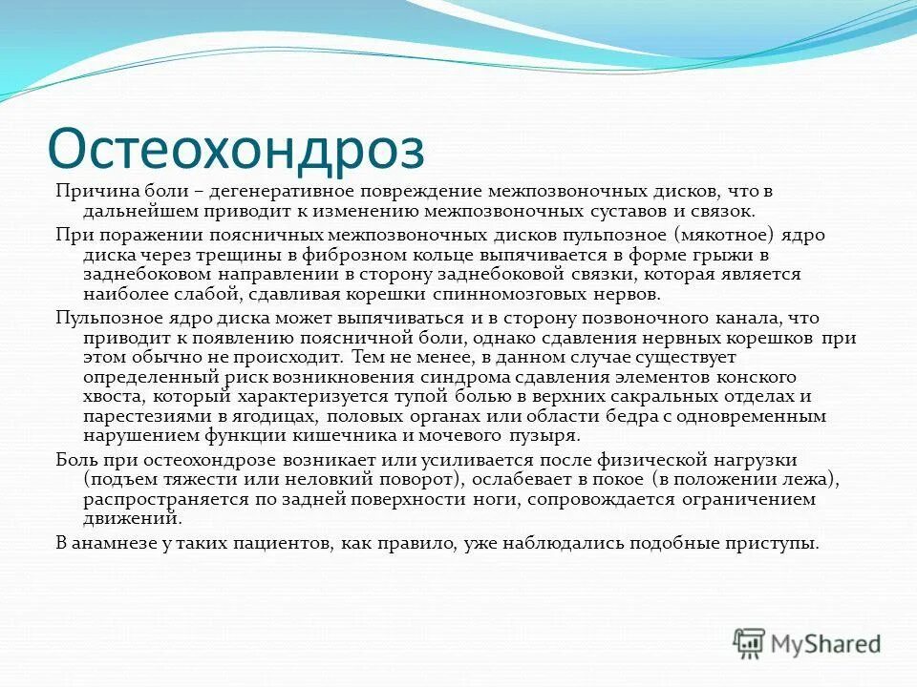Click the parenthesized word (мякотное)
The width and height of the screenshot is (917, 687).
coord(723,235)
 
